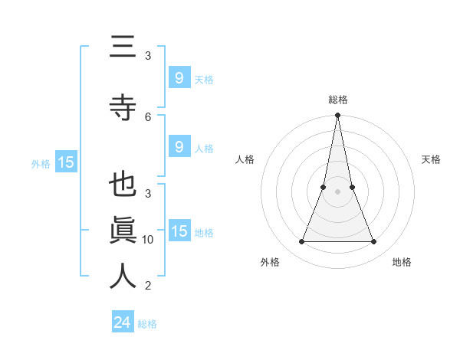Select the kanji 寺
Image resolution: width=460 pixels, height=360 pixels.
123,106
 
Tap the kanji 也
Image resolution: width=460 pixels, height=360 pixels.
123,186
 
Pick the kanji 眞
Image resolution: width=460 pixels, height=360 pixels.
123,231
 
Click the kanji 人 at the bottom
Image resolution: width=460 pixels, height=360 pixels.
123,276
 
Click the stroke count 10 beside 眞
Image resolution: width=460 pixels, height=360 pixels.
148,240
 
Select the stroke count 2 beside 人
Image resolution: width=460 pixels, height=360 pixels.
148,286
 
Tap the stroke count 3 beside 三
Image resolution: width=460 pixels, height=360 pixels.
148,56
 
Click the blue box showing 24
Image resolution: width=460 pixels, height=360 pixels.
122,322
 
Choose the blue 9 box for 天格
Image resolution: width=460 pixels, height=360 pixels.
179,77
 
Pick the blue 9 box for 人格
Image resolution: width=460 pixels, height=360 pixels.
179,147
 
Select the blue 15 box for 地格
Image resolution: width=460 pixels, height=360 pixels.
179,231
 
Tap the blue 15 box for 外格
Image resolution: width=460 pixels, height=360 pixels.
65,162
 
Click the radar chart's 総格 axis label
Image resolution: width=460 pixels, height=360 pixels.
337,100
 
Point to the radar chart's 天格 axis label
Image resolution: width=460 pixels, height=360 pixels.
431,159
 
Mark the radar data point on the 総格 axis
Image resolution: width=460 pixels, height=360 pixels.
337,116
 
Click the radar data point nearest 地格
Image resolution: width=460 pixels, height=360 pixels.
374,242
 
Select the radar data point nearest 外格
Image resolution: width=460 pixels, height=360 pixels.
301,242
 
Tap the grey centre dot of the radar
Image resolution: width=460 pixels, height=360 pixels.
337,191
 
